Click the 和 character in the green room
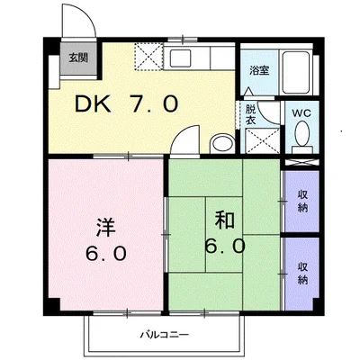click(224, 219)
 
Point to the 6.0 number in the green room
click(224, 246)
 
